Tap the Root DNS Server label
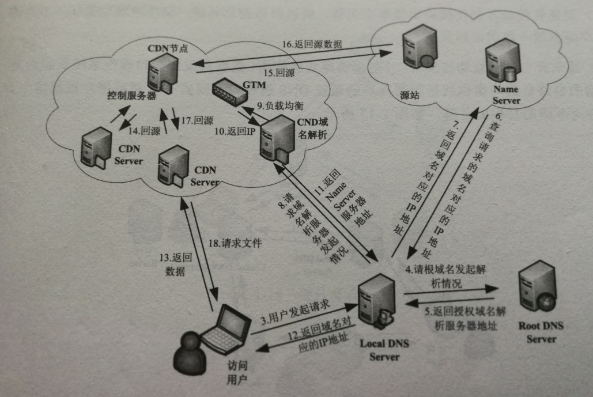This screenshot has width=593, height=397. click(x=541, y=332)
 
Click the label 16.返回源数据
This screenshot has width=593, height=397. click(x=311, y=44)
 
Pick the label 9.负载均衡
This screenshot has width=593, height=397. click(x=279, y=106)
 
